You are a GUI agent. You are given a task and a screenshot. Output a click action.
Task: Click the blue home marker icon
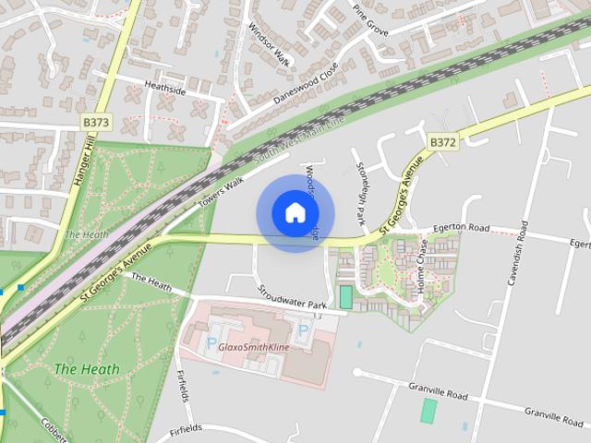[295, 213]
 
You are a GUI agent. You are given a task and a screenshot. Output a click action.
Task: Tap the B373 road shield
[95, 121]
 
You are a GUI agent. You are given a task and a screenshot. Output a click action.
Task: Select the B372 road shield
[442, 141]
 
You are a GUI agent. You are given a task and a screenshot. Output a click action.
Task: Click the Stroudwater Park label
[293, 297]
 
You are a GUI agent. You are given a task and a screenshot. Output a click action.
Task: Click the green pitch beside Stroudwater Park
[345, 297]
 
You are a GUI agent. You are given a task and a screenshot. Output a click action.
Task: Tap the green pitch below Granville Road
[428, 411]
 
